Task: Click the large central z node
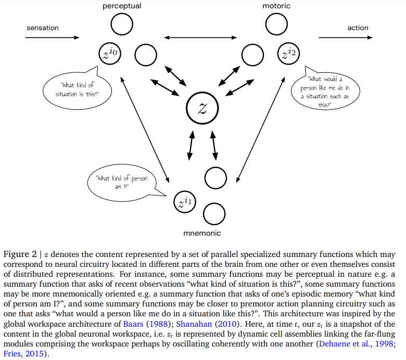click(x=202, y=108)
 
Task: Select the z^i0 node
click(x=110, y=54)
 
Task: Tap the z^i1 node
click(x=185, y=202)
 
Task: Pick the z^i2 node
click(x=288, y=54)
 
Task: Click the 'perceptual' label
click(x=122, y=6)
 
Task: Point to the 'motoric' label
click(x=276, y=6)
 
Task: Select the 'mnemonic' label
click(x=202, y=233)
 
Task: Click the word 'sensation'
click(x=43, y=28)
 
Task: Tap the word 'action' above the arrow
click(x=358, y=28)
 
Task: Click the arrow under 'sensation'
click(x=52, y=37)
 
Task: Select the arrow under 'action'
click(x=346, y=37)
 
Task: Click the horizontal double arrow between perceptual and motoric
click(x=200, y=37)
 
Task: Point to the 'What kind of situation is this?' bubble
click(x=77, y=89)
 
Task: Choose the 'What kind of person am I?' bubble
click(x=122, y=183)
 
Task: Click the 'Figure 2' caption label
click(x=20, y=254)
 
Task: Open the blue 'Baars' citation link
click(x=133, y=324)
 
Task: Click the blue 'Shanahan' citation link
click(x=194, y=324)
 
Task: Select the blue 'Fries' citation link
click(x=12, y=354)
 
